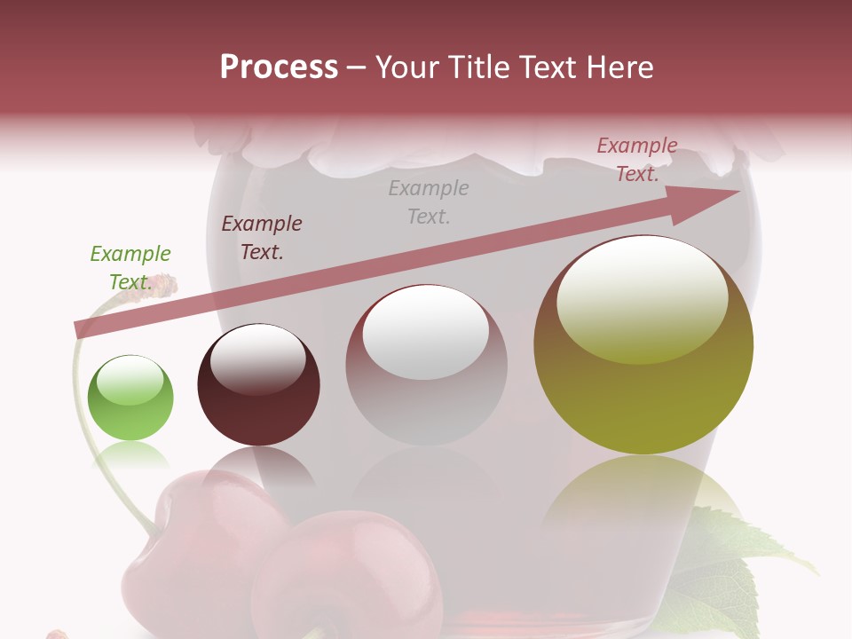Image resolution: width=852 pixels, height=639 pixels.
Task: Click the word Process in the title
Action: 279,67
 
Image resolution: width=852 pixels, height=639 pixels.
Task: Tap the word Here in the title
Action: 619,67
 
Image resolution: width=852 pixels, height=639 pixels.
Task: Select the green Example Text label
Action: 130,267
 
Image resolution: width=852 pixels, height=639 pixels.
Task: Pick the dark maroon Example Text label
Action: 262,238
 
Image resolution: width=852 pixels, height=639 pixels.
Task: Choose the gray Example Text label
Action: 429,201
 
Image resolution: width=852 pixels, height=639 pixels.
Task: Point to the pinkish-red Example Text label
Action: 637,160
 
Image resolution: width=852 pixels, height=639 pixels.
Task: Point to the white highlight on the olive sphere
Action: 643,300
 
